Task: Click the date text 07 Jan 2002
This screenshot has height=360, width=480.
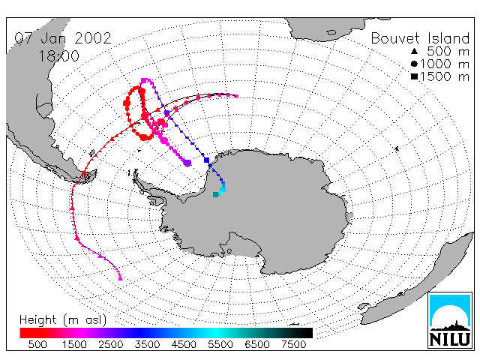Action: (63, 38)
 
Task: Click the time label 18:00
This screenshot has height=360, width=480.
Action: (58, 56)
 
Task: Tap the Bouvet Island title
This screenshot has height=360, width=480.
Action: (420, 38)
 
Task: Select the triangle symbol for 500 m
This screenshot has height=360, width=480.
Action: (414, 51)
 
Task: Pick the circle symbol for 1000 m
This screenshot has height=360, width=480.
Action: (414, 64)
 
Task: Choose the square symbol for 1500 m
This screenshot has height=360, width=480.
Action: (414, 76)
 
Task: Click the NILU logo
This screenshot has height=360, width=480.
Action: (450, 320)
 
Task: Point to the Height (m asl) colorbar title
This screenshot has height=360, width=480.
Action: (63, 320)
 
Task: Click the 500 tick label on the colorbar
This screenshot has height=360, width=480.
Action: (37, 345)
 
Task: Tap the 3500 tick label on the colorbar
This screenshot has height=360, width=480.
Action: (147, 345)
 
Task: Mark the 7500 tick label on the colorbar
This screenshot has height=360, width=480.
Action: (293, 345)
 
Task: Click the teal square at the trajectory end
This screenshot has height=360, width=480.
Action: (215, 194)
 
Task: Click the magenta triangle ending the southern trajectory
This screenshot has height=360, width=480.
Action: (120, 278)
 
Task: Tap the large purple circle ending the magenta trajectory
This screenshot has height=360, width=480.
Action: (187, 163)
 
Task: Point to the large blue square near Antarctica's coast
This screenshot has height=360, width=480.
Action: (207, 160)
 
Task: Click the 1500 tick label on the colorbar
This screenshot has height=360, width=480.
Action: (74, 345)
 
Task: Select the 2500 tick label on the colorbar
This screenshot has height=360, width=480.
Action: (111, 345)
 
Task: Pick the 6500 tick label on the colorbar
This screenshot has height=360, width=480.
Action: (257, 345)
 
